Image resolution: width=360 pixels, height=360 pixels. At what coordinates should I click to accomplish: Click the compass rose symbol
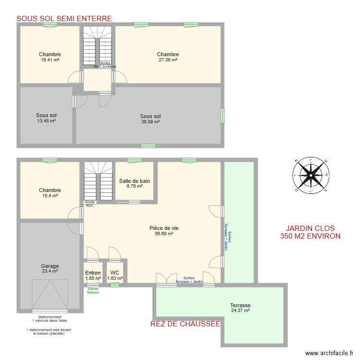coord(311,176)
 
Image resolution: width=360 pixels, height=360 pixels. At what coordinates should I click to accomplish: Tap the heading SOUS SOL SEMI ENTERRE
coord(64,19)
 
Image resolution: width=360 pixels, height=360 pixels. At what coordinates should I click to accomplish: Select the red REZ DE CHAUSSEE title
coord(185,324)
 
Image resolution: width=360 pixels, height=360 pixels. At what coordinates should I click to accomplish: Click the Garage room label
coord(50,268)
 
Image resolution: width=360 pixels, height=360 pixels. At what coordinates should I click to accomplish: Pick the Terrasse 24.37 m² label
coord(240,308)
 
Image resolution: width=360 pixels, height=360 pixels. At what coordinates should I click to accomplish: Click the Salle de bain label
coord(134,183)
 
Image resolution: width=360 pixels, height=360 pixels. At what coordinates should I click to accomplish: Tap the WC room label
coord(115,275)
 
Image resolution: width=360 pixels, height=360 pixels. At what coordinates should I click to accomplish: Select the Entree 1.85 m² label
coord(93,275)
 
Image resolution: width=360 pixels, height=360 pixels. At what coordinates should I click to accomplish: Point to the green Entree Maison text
coord(93,290)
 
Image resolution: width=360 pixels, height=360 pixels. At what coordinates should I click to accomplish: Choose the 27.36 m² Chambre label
coord(168,57)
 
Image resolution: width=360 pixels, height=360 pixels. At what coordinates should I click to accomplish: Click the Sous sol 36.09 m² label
coord(150,119)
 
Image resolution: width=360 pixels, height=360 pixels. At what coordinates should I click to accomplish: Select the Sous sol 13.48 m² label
coord(46,118)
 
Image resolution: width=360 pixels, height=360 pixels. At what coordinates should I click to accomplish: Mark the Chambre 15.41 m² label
coord(50,57)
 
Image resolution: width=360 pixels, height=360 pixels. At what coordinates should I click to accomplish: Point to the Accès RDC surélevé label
coord(105,65)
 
